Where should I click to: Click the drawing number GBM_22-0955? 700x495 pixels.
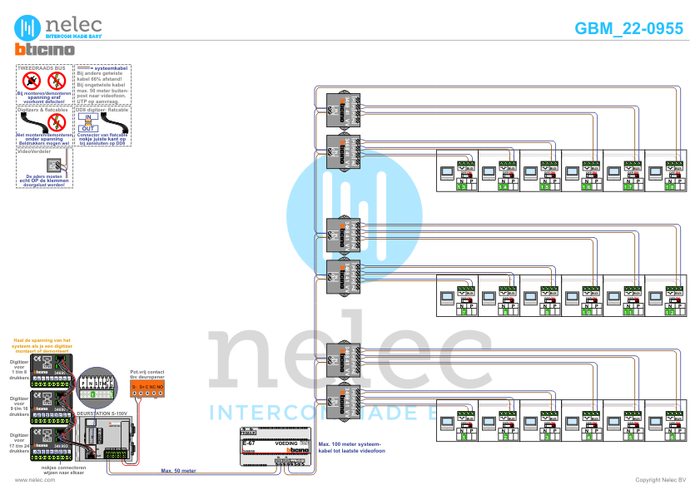(x=628, y=28)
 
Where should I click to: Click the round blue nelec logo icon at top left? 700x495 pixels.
(x=30, y=26)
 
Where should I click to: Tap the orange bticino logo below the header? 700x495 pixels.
(x=45, y=51)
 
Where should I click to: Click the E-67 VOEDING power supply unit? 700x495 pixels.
(x=276, y=448)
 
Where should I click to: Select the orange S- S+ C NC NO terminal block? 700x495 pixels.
(x=147, y=387)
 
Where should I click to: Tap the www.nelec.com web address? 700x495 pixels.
(x=34, y=480)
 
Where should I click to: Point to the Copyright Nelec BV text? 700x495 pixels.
(x=660, y=480)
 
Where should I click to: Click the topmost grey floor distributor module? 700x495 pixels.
(x=343, y=107)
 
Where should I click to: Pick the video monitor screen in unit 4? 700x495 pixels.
(x=572, y=422)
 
